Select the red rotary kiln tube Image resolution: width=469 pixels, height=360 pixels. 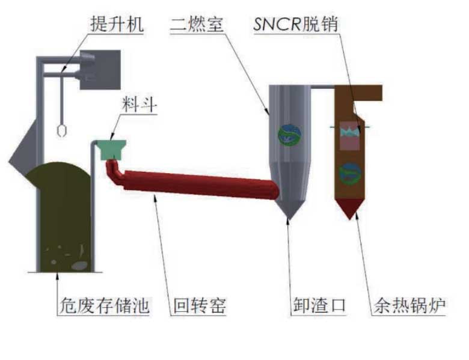pyautogui.click(x=198, y=185)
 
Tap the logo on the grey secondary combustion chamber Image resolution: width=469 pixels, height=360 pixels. pyautogui.click(x=289, y=133)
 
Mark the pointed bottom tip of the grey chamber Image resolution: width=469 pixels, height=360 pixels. pyautogui.click(x=289, y=217)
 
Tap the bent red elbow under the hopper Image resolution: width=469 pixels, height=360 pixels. pyautogui.click(x=114, y=174)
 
